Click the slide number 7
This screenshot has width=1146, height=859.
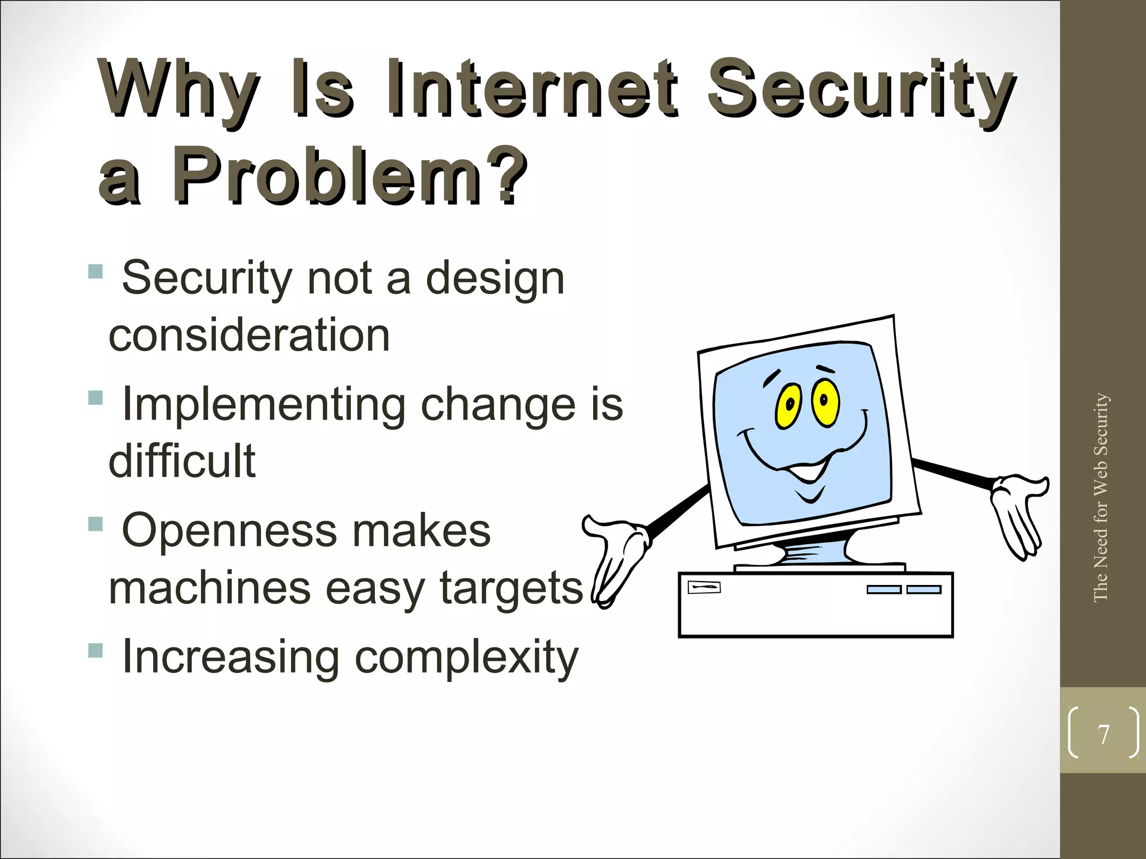pyautogui.click(x=1103, y=734)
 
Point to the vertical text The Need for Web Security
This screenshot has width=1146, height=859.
pyautogui.click(x=1101, y=497)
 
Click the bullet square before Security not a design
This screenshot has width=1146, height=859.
pyautogui.click(x=96, y=272)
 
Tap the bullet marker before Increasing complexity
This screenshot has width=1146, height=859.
pyautogui.click(x=96, y=650)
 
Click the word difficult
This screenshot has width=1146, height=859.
pyautogui.click(x=182, y=461)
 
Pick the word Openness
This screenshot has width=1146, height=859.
pyautogui.click(x=229, y=530)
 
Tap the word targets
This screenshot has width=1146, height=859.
pyautogui.click(x=511, y=588)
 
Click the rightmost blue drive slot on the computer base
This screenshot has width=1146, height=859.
pyautogui.click(x=924, y=589)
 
